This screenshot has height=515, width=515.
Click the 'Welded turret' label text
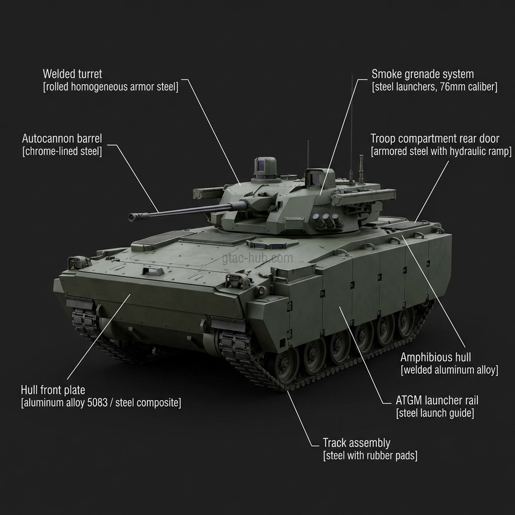(x=72, y=74)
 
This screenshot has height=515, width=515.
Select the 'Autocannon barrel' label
(x=62, y=139)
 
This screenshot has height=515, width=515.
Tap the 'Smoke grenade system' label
(x=422, y=74)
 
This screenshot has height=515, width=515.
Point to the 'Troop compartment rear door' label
(x=435, y=139)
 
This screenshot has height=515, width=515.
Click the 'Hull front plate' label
(x=53, y=390)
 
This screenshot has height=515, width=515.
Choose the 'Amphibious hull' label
(x=436, y=358)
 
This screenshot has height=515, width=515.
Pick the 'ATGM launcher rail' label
(x=437, y=400)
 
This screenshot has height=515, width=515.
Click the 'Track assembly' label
(x=357, y=443)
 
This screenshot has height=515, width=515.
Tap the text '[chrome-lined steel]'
(x=62, y=151)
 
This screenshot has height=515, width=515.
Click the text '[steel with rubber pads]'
(x=370, y=456)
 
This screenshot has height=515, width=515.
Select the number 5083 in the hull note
(x=97, y=403)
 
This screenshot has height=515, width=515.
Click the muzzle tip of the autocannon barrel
(x=131, y=217)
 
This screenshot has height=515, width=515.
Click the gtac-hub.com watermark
(x=257, y=258)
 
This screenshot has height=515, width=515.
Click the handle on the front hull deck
(x=152, y=271)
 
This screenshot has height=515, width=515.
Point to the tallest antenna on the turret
(x=352, y=128)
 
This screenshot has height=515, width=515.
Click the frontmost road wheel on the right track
(x=284, y=364)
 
